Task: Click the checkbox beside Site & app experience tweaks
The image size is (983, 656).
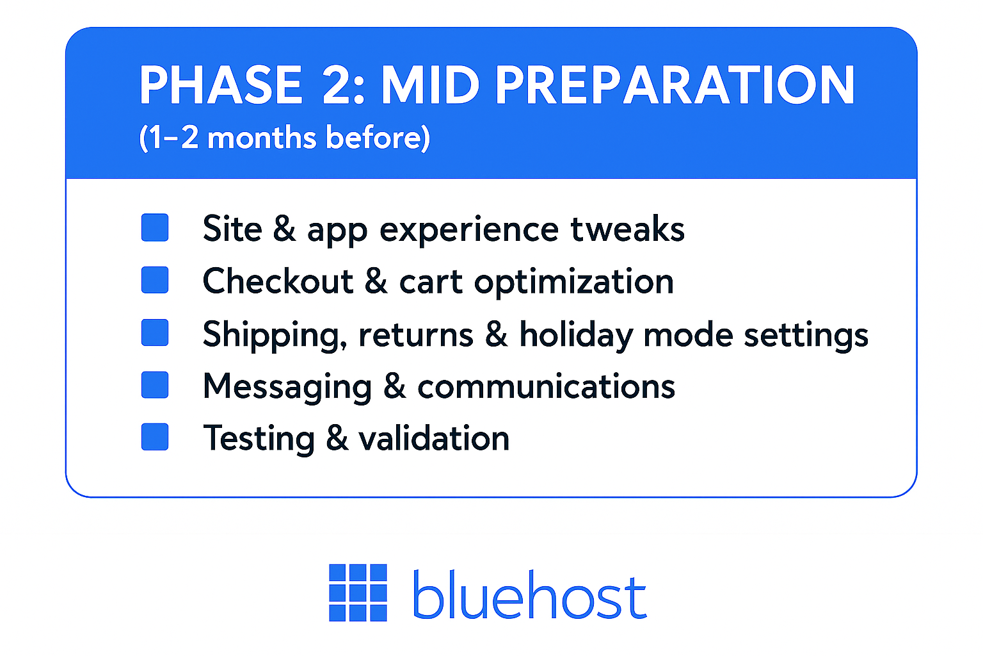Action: (x=155, y=227)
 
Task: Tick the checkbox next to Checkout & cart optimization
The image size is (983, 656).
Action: (x=155, y=280)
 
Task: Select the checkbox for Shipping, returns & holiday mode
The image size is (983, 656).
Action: (x=155, y=332)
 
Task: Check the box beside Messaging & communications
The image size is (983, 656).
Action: (x=155, y=385)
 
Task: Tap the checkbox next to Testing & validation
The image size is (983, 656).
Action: (x=155, y=437)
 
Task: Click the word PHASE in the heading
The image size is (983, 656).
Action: (x=221, y=85)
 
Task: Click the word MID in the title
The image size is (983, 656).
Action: (x=430, y=85)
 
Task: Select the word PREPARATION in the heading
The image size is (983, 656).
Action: (x=675, y=85)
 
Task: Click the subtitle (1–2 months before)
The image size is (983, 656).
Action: (x=285, y=138)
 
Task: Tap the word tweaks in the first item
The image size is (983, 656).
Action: (x=627, y=229)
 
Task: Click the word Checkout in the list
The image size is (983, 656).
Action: (x=278, y=281)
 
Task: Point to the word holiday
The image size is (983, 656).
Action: (x=576, y=335)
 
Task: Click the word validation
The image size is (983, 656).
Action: (x=434, y=439)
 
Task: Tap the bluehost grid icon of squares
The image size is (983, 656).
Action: (x=358, y=593)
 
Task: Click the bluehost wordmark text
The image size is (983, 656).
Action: (x=529, y=595)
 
